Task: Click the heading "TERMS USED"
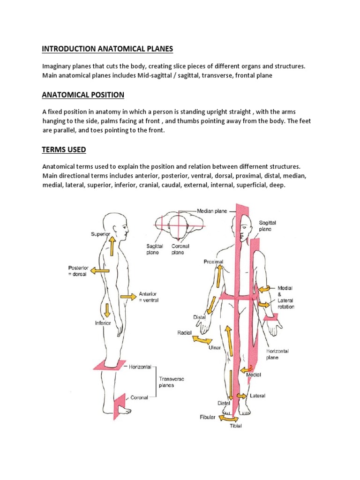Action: click(x=64, y=150)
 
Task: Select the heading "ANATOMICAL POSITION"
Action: click(x=83, y=95)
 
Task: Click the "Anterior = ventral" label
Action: click(x=149, y=297)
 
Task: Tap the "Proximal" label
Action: click(x=213, y=261)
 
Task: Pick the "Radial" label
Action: click(x=184, y=332)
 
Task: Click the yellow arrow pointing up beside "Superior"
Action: click(x=112, y=246)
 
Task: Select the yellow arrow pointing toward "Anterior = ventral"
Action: click(x=127, y=296)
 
